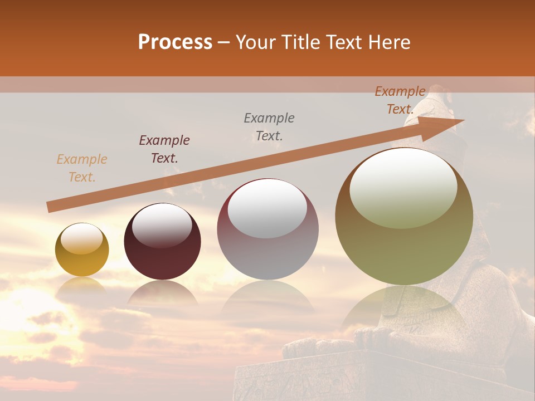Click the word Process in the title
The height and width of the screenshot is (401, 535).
coord(175,42)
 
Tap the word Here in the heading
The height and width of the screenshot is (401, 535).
coord(388,42)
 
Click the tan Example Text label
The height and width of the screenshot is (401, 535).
coord(82,168)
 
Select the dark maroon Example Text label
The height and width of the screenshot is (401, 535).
coord(164,149)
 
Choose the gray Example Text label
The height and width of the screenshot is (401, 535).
coord(269,126)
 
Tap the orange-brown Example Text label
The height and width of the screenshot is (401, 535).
coord(400,100)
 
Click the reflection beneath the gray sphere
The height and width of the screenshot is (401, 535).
coord(267,301)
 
